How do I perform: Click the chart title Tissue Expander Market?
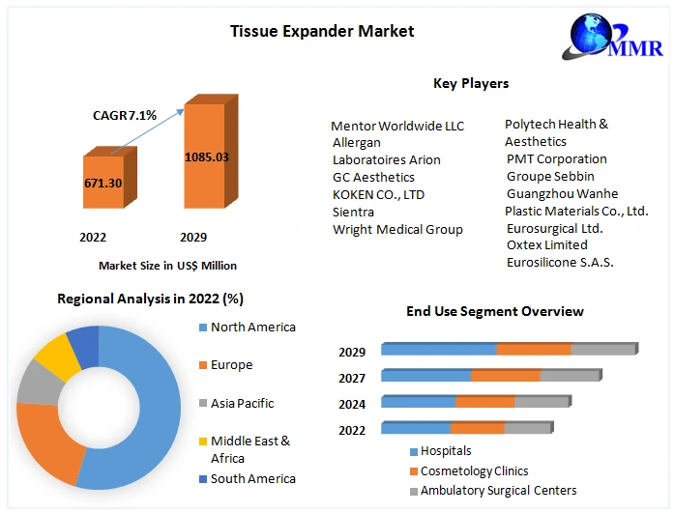click(322, 31)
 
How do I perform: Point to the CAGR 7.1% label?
click(125, 116)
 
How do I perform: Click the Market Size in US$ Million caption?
click(167, 265)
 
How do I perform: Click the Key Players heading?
click(471, 84)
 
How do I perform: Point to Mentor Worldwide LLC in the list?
click(397, 126)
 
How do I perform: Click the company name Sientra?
click(354, 212)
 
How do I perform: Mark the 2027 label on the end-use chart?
click(352, 379)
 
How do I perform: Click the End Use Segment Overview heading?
click(494, 311)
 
